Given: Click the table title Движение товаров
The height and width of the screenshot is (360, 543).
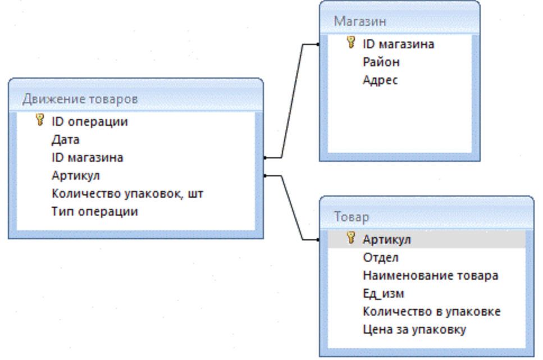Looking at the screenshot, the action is tap(80, 99).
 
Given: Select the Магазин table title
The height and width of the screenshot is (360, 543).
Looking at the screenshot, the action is tap(360, 21).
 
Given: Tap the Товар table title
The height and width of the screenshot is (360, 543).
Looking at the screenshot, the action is tap(352, 217).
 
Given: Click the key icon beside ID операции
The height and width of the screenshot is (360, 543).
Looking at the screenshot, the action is tap(40, 120).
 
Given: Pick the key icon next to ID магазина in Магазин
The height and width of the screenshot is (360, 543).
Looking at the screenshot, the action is tap(351, 43).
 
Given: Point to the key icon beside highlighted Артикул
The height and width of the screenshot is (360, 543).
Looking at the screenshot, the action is tap(351, 238).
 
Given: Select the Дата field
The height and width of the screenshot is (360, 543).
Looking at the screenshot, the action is tap(66, 140).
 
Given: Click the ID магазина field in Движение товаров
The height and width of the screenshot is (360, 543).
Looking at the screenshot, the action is tap(87, 158).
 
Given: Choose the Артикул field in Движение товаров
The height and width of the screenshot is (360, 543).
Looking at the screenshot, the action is tap(75, 176).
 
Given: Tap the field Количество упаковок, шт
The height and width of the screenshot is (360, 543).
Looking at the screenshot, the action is tap(127, 194).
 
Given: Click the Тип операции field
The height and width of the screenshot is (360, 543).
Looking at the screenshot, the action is tap(94, 212).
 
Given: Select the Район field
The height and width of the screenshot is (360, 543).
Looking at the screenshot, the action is tap(381, 62).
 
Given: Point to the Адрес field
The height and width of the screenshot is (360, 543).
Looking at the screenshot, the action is tap(380, 80).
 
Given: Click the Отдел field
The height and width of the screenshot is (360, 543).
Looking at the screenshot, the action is tap(381, 258).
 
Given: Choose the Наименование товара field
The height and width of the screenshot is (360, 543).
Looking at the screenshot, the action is tap(431, 276).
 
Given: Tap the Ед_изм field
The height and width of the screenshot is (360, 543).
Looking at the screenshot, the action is tap(384, 294).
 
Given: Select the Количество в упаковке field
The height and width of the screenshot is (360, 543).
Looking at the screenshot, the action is tap(431, 312).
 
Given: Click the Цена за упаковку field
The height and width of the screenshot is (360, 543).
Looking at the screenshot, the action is tap(414, 330).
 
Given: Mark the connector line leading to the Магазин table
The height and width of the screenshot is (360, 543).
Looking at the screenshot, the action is tap(292, 101).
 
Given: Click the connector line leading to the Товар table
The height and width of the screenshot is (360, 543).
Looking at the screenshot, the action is tap(291, 208).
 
